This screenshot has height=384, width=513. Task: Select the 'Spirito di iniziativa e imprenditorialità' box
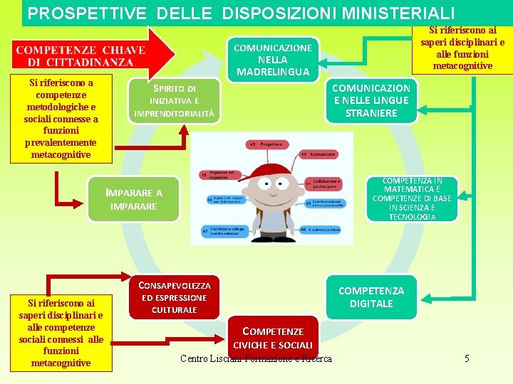[176, 100]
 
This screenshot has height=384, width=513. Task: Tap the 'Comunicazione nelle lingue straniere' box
[371, 100]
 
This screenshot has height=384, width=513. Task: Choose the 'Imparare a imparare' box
[134, 199]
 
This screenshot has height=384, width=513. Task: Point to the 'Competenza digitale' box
[370, 297]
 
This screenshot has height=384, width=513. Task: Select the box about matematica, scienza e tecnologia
[412, 199]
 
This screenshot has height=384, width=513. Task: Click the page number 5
[467, 358]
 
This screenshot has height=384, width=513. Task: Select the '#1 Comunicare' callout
[313, 154]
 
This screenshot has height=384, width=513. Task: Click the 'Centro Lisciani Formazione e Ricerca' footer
[256, 358]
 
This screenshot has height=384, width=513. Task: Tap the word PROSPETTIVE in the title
[88, 13]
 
